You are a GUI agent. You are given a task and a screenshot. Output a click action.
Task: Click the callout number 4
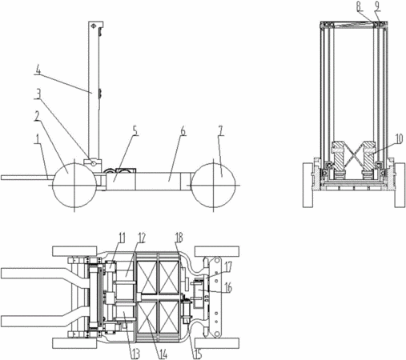pyautogui.click(x=38, y=71)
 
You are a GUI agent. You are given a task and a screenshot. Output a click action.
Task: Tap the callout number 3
pyautogui.click(x=38, y=94)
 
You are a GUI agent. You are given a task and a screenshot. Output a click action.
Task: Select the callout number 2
pyautogui.click(x=38, y=116)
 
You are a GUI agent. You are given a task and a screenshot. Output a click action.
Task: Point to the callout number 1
pyautogui.click(x=38, y=139)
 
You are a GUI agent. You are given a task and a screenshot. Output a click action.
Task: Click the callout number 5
pyautogui.click(x=135, y=131)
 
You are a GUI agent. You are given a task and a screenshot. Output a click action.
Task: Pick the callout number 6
pyautogui.click(x=183, y=131)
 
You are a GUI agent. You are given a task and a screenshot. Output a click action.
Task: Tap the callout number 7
pyautogui.click(x=220, y=131)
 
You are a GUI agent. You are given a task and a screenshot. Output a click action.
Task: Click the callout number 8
pyautogui.click(x=360, y=6)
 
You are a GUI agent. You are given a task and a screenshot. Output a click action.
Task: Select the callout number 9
pyautogui.click(x=377, y=6)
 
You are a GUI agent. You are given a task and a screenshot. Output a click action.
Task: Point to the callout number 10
pyautogui.click(x=399, y=138)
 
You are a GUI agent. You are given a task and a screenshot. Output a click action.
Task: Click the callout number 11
pyautogui.click(x=122, y=238)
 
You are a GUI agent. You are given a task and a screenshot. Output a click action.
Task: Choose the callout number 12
pyautogui.click(x=142, y=238)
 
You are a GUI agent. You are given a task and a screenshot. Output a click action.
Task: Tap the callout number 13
pyautogui.click(x=136, y=354)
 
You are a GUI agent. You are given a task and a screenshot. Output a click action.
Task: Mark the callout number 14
pyautogui.click(x=163, y=354)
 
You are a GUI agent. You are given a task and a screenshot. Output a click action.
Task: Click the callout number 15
pyautogui.click(x=198, y=354)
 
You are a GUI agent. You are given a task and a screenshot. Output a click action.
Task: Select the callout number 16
pyautogui.click(x=228, y=288)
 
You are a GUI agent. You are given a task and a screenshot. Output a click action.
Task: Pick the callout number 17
pyautogui.click(x=228, y=266)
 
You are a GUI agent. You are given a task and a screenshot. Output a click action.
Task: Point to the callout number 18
pyautogui.click(x=179, y=238)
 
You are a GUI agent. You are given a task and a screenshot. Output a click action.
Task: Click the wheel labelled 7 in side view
pyautogui.click(x=214, y=185)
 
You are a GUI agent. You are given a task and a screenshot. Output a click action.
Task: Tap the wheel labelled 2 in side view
pyautogui.click(x=74, y=185)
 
